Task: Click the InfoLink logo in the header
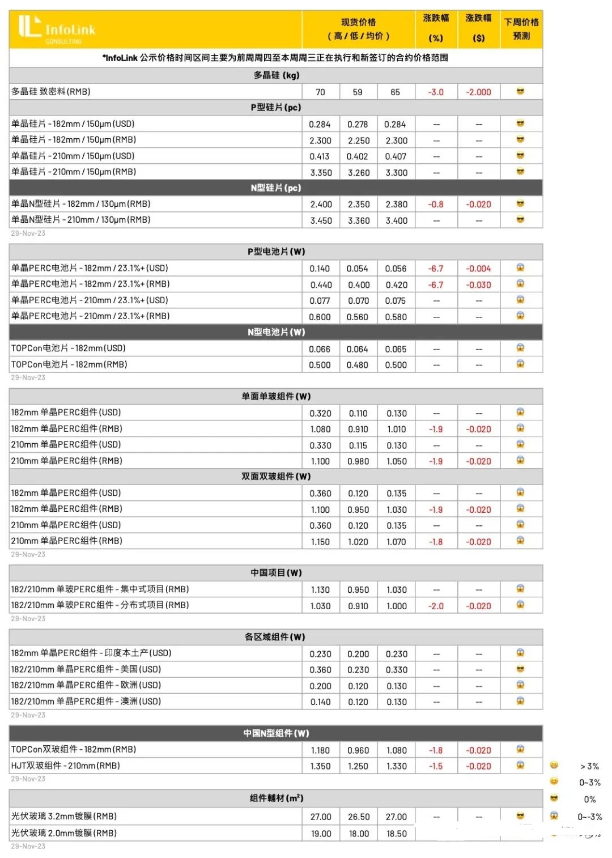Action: pyautogui.click(x=57, y=28)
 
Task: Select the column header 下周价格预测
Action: pyautogui.click(x=521, y=29)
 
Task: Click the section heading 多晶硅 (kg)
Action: pyautogui.click(x=276, y=75)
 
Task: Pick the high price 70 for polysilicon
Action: pyautogui.click(x=320, y=92)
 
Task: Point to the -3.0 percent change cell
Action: pyautogui.click(x=436, y=92)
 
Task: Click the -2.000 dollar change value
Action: pyautogui.click(x=478, y=92)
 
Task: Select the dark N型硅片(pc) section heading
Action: pyautogui.click(x=276, y=188)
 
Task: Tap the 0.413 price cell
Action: pyautogui.click(x=320, y=156)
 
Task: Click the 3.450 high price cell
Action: pyautogui.click(x=321, y=220)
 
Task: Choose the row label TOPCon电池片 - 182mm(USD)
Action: pyautogui.click(x=69, y=349)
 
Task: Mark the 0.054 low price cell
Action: pyautogui.click(x=358, y=269)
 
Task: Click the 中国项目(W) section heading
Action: pyautogui.click(x=276, y=573)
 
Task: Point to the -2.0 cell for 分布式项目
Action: pyautogui.click(x=436, y=606)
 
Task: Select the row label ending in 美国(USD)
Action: pyautogui.click(x=86, y=669)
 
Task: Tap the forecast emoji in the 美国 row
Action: pyautogui.click(x=520, y=669)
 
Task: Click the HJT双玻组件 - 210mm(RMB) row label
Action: pyautogui.click(x=66, y=766)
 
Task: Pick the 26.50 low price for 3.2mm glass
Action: pyautogui.click(x=359, y=817)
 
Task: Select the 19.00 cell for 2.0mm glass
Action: pyautogui.click(x=321, y=834)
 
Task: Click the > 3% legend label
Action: pyautogui.click(x=589, y=766)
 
